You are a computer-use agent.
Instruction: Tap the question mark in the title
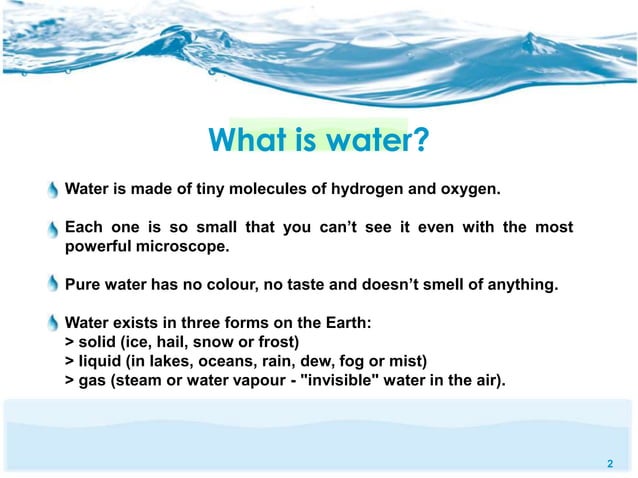pos(421,140)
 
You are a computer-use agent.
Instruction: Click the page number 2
pos(609,464)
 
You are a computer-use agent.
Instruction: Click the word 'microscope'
pos(186,246)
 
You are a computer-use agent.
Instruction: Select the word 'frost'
pos(277,342)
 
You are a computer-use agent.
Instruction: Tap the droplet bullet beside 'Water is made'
pos(53,190)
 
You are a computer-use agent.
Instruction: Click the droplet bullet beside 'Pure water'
pos(53,285)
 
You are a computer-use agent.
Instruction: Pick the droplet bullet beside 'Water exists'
pos(53,323)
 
